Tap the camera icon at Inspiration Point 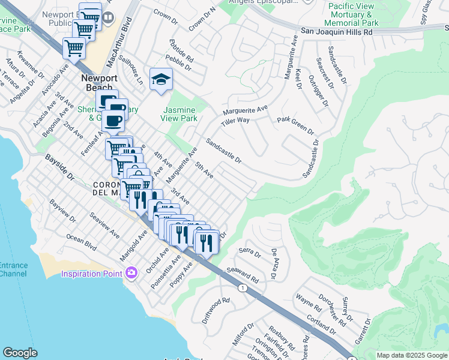(x=131, y=273)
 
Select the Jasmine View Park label (x=180, y=114)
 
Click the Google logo (x=20, y=353)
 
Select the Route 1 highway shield (x=242, y=288)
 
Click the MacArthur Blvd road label (x=127, y=44)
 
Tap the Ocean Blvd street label (x=81, y=242)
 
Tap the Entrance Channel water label (x=13, y=269)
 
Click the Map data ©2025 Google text (x=412, y=355)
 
